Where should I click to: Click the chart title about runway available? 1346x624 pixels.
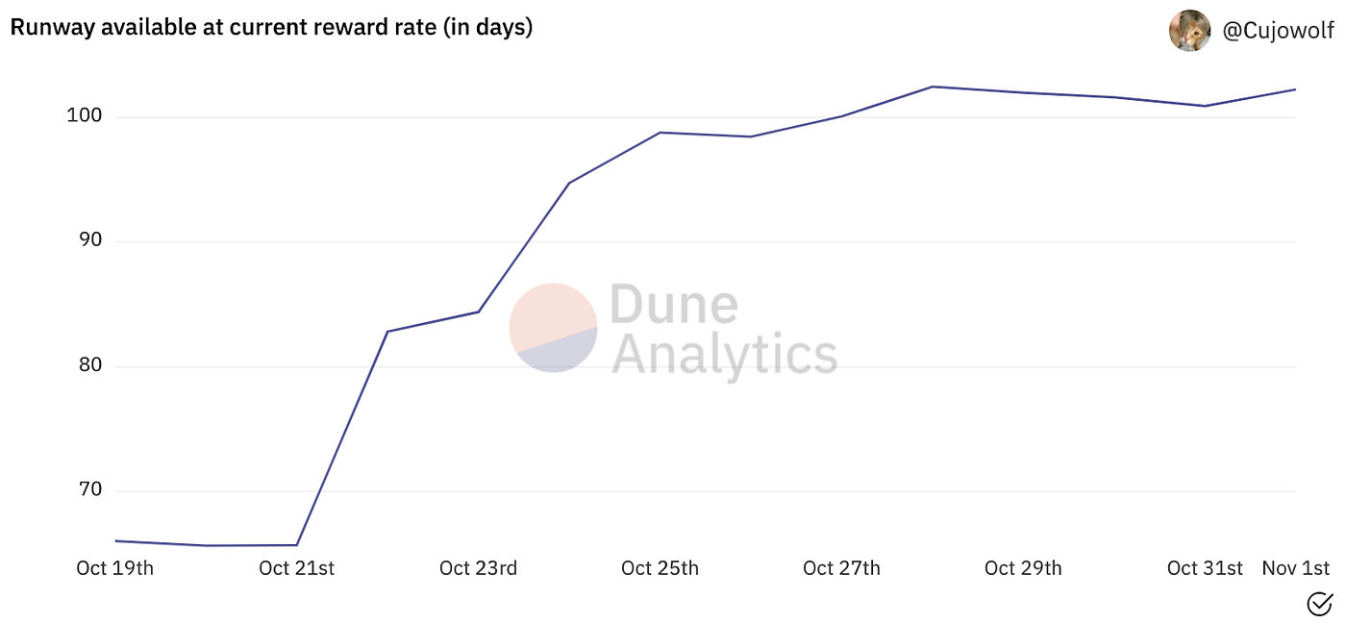(x=271, y=28)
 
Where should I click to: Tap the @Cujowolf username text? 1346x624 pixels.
(x=1278, y=32)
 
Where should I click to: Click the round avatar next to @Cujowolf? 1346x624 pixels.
(x=1189, y=31)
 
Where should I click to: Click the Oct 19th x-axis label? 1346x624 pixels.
(x=114, y=568)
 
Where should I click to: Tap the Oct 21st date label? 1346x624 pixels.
(x=296, y=568)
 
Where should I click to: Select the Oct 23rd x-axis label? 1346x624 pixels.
(x=478, y=568)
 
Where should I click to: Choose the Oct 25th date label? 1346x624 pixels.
(x=660, y=568)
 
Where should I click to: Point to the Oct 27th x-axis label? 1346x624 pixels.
(x=841, y=568)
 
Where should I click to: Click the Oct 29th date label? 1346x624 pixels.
(x=1023, y=568)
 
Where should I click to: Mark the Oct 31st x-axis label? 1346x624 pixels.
(x=1205, y=568)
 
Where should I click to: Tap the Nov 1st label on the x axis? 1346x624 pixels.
(x=1295, y=568)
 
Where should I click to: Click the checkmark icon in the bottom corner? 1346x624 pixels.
(x=1320, y=604)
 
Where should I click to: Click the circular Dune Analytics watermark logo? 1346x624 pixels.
(x=553, y=328)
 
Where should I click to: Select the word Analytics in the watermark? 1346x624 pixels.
(x=724, y=354)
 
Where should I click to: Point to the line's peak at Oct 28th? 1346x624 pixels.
(x=933, y=87)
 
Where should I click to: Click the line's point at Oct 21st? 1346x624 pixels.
(x=297, y=545)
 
